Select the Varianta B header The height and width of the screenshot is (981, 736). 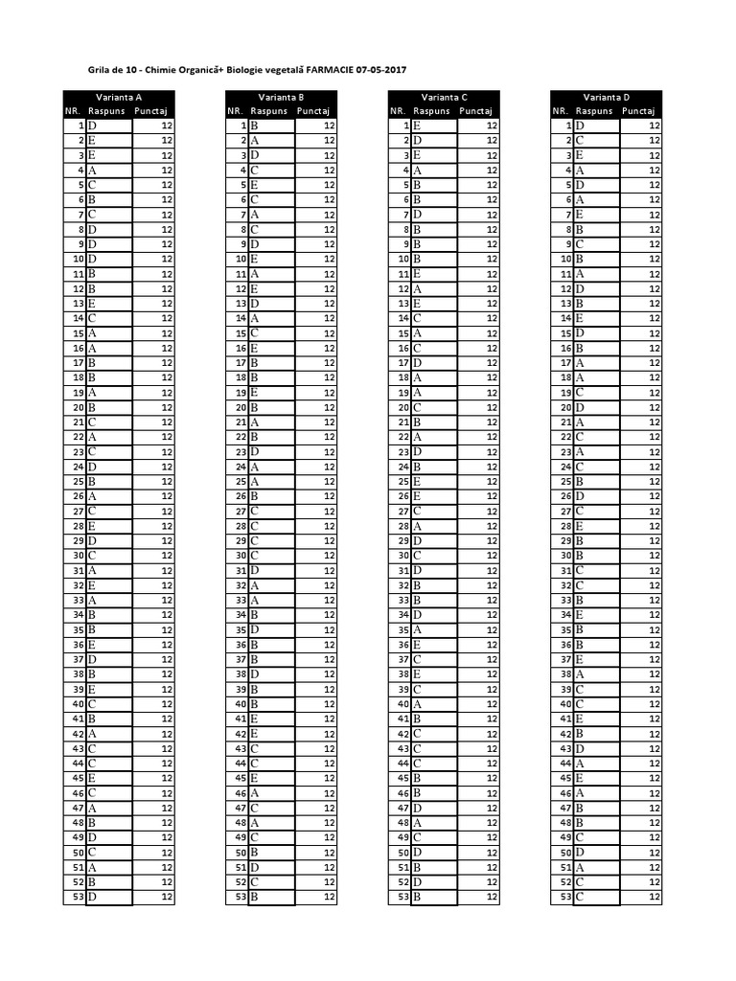point(282,97)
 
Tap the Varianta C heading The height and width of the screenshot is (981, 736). point(445,97)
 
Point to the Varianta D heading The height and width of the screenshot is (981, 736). point(607,97)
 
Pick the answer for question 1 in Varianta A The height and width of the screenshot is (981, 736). point(93,125)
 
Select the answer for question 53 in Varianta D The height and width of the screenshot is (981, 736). point(580,897)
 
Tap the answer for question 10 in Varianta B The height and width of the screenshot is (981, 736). point(255,259)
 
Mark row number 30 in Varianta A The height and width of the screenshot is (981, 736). point(80,555)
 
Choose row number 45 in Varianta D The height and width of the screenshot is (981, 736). point(565,778)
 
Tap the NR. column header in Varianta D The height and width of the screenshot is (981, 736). point(560,111)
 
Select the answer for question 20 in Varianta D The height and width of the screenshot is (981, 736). point(580,407)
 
